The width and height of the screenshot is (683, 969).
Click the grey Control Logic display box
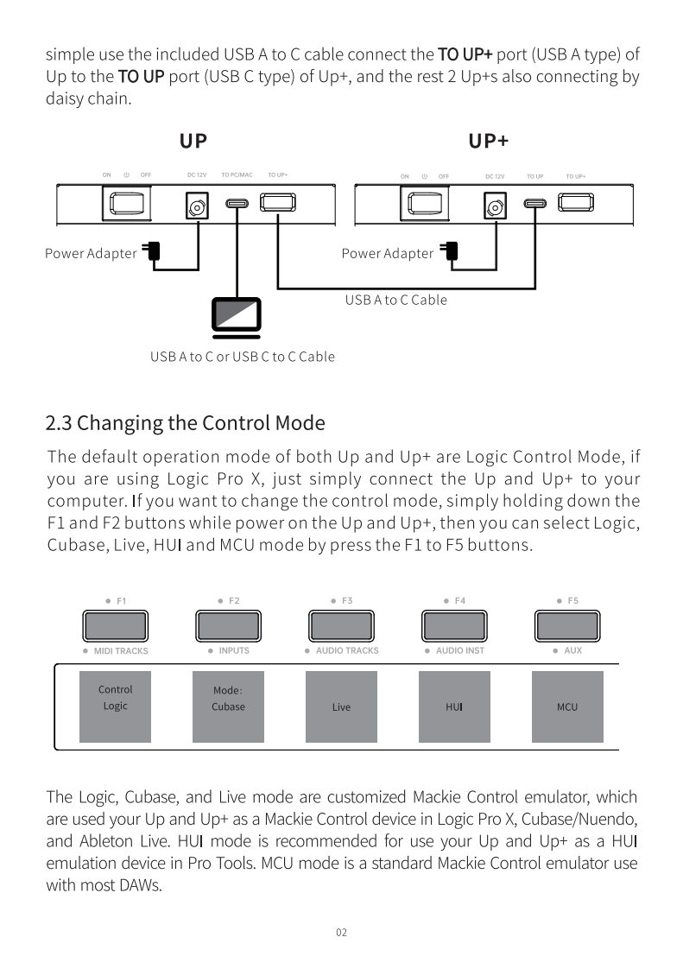115,706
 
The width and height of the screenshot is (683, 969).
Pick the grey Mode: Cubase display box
228,706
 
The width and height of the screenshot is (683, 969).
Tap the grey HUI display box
454,706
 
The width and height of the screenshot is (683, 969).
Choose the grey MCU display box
567,706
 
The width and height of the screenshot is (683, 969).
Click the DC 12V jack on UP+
496,206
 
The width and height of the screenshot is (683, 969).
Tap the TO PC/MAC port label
237,175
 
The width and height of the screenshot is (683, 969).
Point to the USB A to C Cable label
396,300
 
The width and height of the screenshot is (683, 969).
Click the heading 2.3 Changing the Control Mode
185,423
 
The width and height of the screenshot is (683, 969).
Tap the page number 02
341,932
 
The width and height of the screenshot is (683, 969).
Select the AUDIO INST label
459,650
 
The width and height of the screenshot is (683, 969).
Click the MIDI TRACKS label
120,650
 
